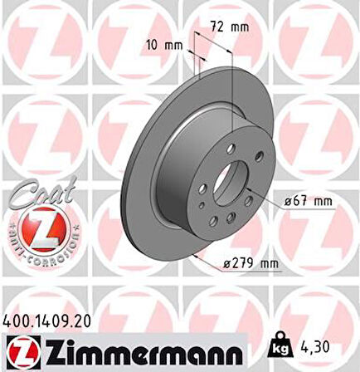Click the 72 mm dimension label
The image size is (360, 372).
point(230,27)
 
